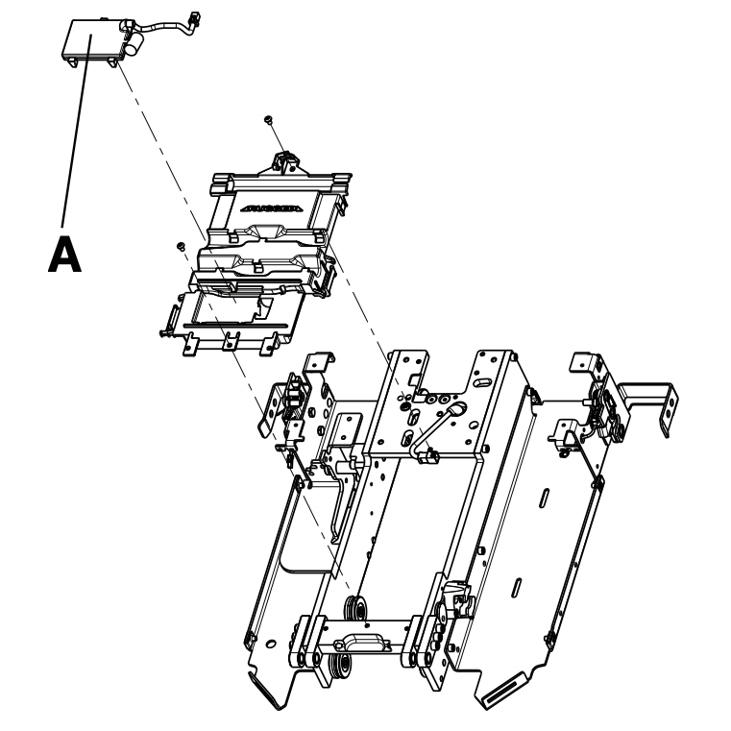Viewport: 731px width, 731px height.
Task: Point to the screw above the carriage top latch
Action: [270, 119]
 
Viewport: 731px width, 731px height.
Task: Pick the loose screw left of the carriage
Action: [180, 247]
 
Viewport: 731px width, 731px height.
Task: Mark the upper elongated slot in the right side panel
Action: [544, 501]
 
